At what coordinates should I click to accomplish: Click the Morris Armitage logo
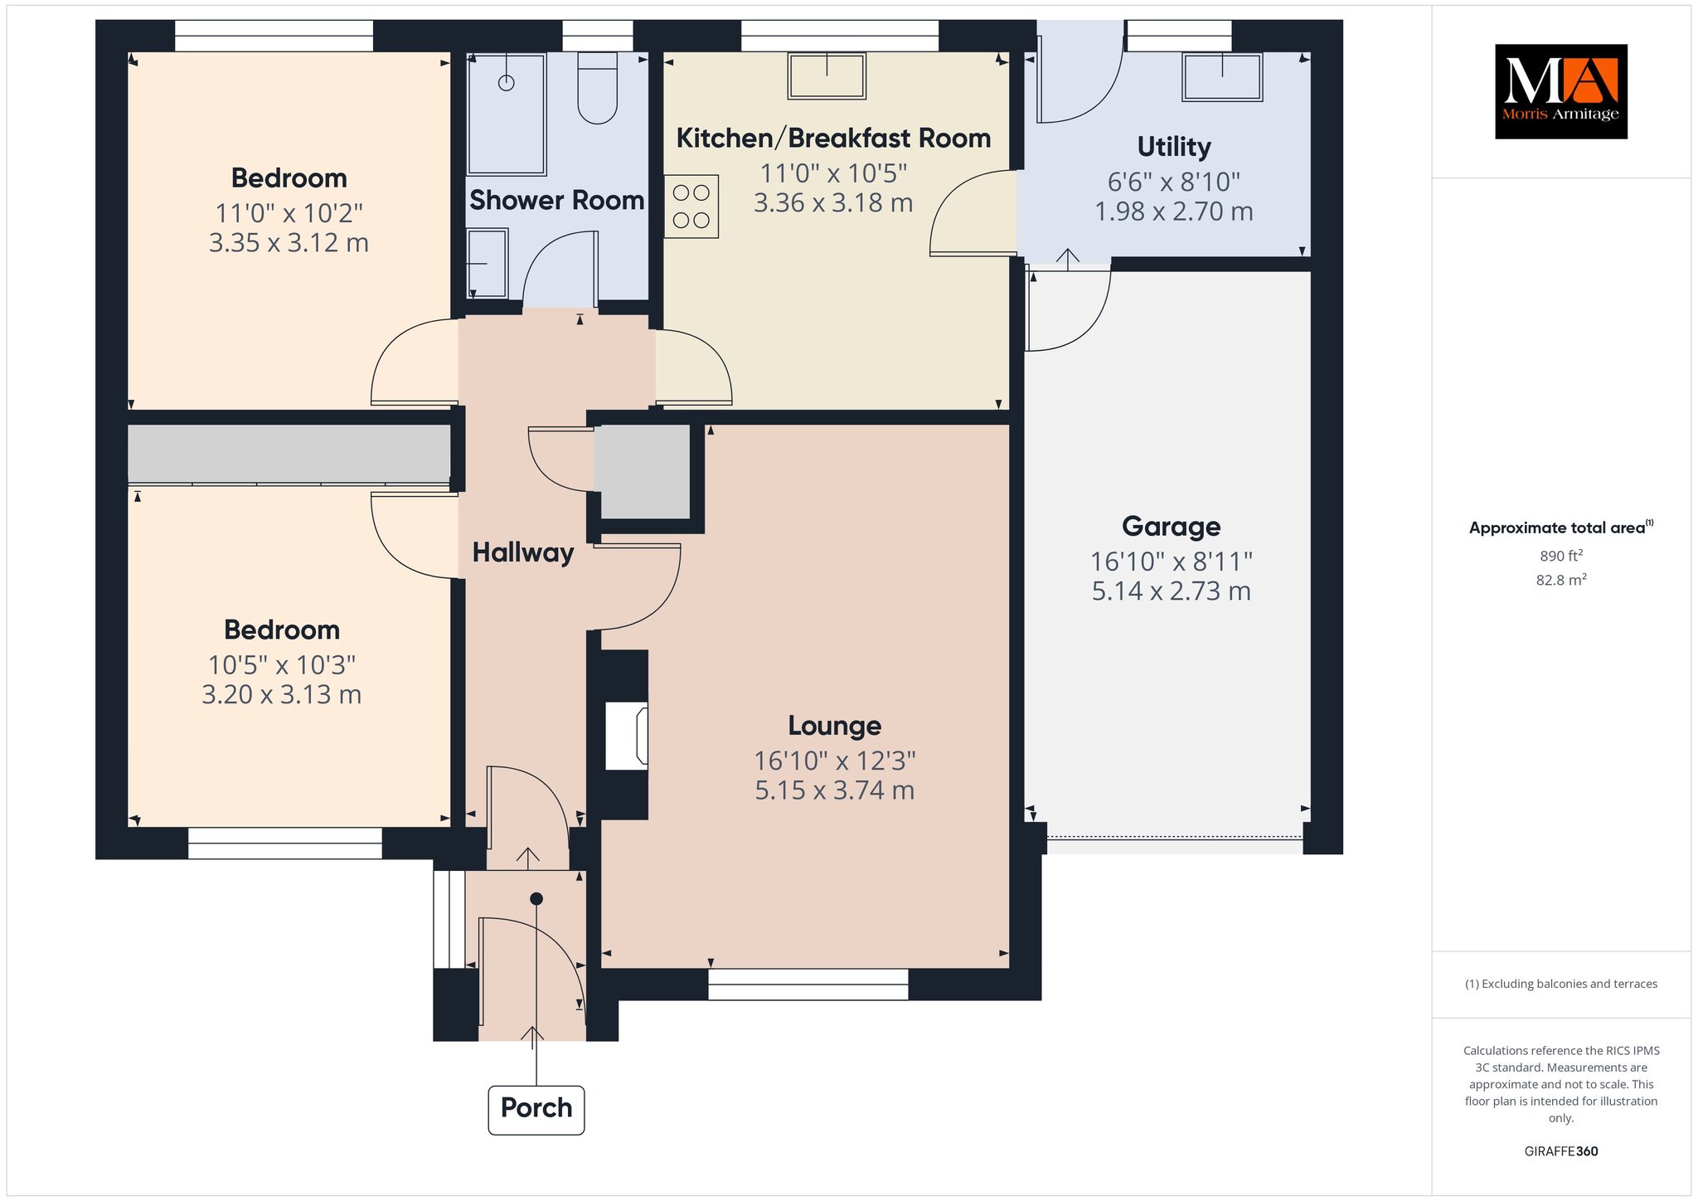point(1560,91)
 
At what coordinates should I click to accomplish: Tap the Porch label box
point(536,1109)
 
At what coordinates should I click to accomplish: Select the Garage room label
point(1171,526)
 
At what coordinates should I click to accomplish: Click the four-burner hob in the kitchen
point(691,206)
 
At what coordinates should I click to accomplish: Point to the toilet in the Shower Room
point(597,88)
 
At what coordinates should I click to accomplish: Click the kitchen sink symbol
point(827,75)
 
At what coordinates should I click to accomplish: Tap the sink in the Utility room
point(1223,77)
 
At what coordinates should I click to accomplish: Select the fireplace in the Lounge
point(627,735)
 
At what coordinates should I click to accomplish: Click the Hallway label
point(523,552)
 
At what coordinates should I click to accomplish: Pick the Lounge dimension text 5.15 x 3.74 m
point(834,790)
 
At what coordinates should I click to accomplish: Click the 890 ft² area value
point(1561,556)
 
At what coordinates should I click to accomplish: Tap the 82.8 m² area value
point(1561,580)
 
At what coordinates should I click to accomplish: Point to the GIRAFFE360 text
point(1561,1151)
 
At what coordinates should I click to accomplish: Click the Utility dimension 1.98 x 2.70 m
point(1174,212)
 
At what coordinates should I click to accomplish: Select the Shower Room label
point(557,200)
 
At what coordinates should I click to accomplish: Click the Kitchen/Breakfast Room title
point(833,138)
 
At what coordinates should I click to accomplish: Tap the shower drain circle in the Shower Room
point(506,82)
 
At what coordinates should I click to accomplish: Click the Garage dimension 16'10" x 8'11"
point(1171,562)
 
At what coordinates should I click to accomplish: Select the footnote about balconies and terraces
point(1561,984)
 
